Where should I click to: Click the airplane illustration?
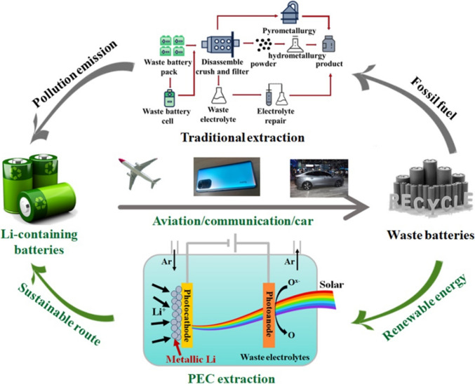tap(140, 173)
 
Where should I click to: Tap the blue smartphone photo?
tap(227, 177)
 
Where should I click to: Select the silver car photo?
tap(319, 178)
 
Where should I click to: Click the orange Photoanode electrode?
tap(269, 315)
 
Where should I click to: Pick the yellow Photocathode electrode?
tap(187, 315)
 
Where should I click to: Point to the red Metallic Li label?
tap(191, 359)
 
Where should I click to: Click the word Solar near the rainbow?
tap(332, 284)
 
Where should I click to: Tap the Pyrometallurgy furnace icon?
tap(290, 13)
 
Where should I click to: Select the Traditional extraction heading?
tap(243, 137)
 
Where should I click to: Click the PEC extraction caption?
tap(232, 378)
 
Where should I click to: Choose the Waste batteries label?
tap(431, 235)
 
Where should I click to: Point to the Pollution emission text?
tap(75, 74)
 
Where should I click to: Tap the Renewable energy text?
tap(424, 307)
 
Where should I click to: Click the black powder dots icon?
tap(264, 44)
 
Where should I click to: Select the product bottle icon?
tap(328, 44)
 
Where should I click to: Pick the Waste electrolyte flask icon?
tap(219, 95)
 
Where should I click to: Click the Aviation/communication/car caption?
tap(233, 221)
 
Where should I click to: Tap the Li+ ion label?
tap(159, 313)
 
